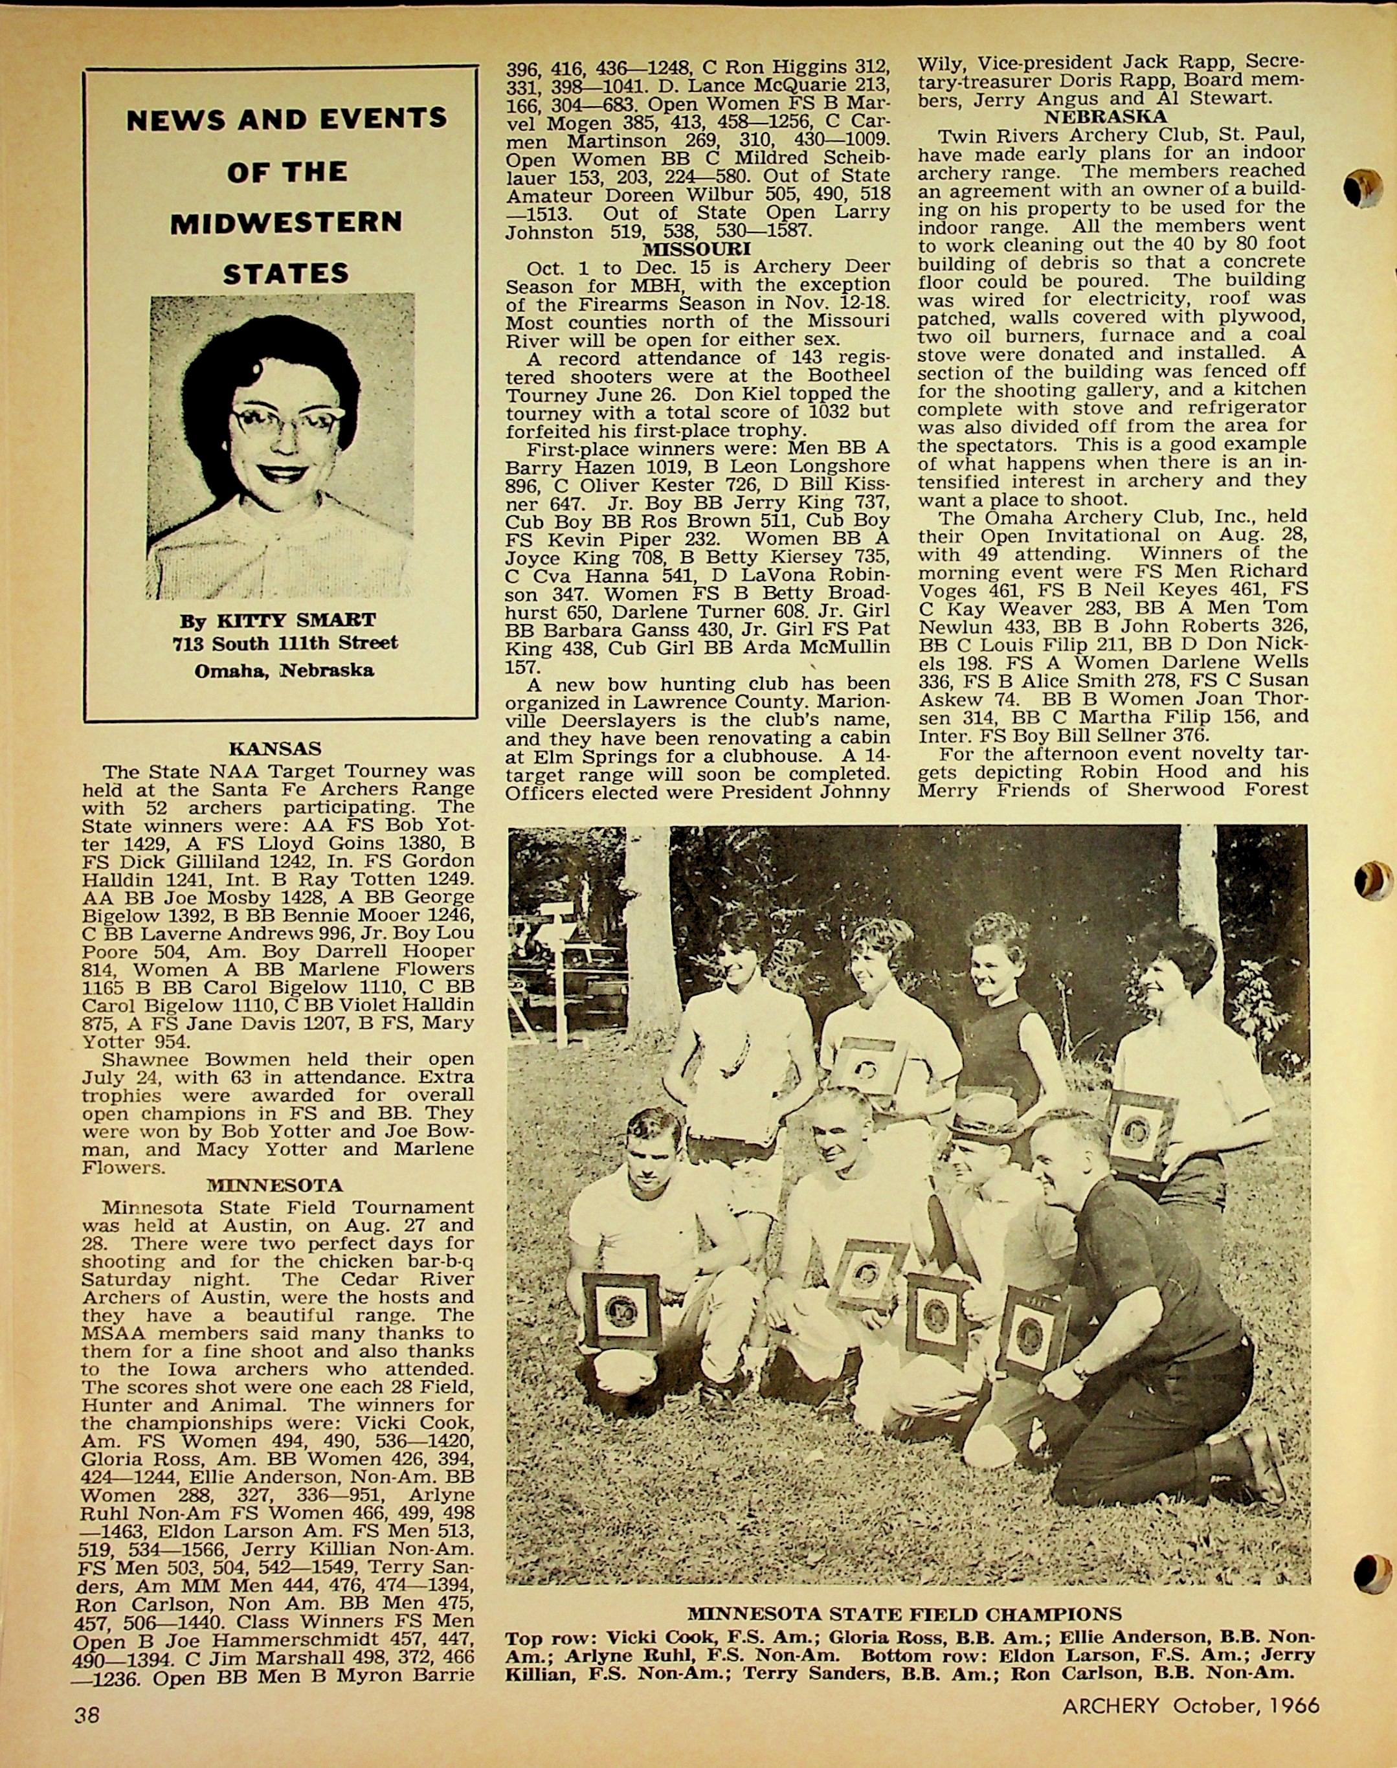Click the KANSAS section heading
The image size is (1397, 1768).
pos(275,748)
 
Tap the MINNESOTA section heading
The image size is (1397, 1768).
pos(275,1185)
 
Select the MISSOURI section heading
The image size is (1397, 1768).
pos(696,249)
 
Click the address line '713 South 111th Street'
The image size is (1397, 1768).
pos(285,643)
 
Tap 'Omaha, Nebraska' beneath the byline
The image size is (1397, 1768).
pos(284,671)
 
